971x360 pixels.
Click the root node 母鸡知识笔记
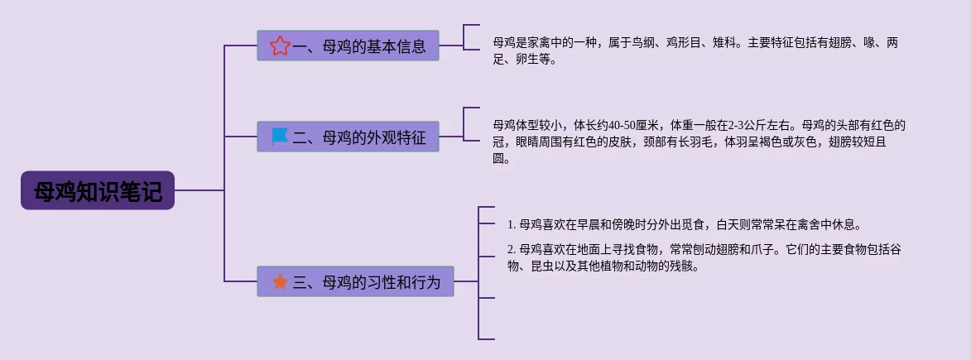98,191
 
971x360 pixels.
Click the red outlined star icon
280,46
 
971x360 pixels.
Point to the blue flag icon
280,137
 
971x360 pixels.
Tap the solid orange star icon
280,282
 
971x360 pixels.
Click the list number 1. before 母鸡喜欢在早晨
511,224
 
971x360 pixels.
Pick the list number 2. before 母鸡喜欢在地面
511,249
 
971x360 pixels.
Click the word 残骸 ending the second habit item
687,266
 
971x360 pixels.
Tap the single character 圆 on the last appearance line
498,159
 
